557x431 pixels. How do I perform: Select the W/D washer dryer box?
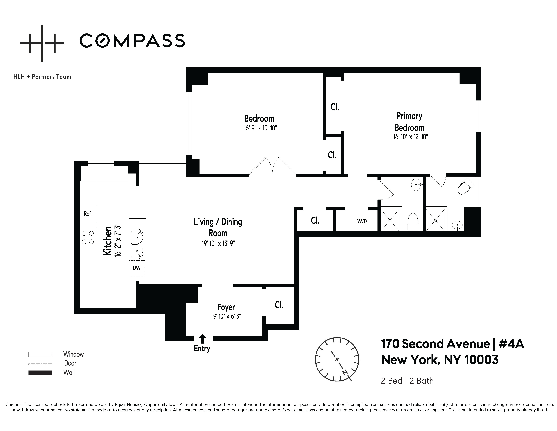[x=362, y=221]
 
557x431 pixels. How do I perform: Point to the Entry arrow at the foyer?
[x=203, y=339]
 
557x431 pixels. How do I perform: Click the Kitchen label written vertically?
[x=108, y=241]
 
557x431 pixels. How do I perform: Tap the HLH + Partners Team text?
[x=42, y=77]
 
